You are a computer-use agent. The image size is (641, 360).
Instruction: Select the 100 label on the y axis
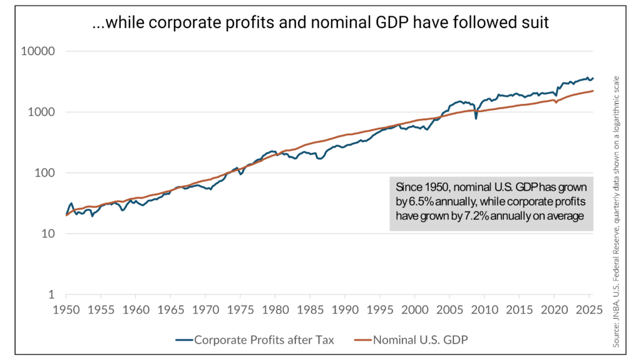point(46,173)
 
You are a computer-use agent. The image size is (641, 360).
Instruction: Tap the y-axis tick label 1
point(53,295)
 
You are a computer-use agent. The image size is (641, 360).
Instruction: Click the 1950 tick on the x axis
point(66,309)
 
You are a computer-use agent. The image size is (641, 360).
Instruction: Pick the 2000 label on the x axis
point(416,309)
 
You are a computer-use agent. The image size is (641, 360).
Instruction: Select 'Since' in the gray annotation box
point(409,187)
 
